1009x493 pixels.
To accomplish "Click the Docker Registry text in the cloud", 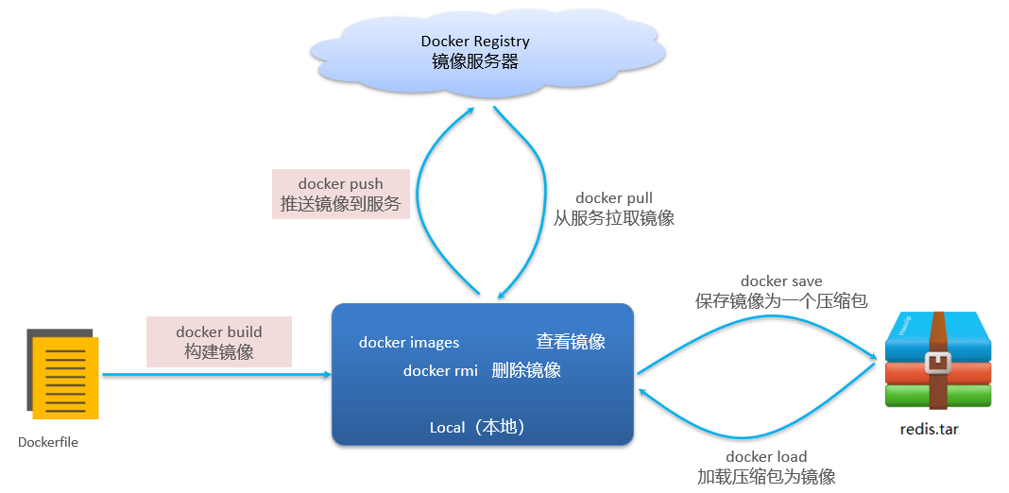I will pyautogui.click(x=475, y=42).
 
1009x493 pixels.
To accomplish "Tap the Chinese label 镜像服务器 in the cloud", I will pyautogui.click(x=475, y=61).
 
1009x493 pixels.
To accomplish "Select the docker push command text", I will pyautogui.click(x=340, y=183).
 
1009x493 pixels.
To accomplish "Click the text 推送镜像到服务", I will pyautogui.click(x=340, y=204).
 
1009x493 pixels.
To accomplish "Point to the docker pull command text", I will pyautogui.click(x=614, y=198).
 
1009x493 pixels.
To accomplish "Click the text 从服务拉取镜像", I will pyautogui.click(x=614, y=218).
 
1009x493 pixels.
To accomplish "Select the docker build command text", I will pyautogui.click(x=219, y=331).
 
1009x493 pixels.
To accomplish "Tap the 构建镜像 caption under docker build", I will pyautogui.click(x=219, y=352).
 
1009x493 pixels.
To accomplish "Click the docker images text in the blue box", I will pyautogui.click(x=409, y=343).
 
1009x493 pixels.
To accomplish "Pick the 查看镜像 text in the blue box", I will pyautogui.click(x=571, y=342).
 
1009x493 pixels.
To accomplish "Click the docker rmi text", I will pyautogui.click(x=440, y=371).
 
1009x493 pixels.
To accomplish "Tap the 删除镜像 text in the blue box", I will pyautogui.click(x=526, y=370).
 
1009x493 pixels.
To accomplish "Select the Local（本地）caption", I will pyautogui.click(x=477, y=428).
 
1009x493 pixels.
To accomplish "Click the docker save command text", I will pyautogui.click(x=781, y=281).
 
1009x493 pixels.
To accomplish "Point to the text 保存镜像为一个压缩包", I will pyautogui.click(x=781, y=301).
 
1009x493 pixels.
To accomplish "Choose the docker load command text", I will pyautogui.click(x=766, y=457).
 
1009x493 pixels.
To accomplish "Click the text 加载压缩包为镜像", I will pyautogui.click(x=766, y=477).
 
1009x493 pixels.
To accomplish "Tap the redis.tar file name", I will pyautogui.click(x=929, y=429).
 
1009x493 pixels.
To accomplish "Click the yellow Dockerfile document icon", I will pyautogui.click(x=65, y=377).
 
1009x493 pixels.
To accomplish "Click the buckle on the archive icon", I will pyautogui.click(x=938, y=362).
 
